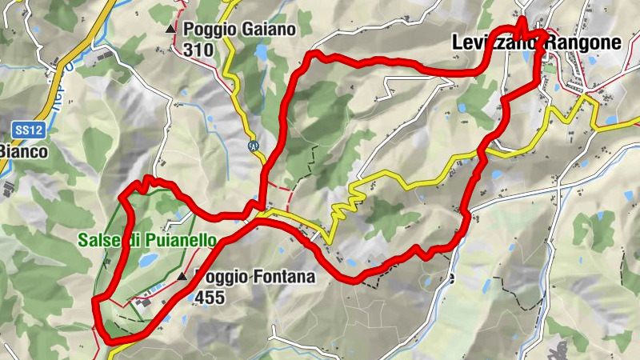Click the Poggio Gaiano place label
(239, 30)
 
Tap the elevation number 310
(198, 50)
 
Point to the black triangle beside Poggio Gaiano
(170, 30)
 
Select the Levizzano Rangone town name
(536, 43)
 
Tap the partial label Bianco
(14, 150)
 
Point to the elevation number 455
(209, 298)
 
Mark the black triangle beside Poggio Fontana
(182, 276)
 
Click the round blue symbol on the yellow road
(253, 146)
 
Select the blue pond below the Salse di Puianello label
(147, 261)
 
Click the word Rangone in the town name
(584, 43)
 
